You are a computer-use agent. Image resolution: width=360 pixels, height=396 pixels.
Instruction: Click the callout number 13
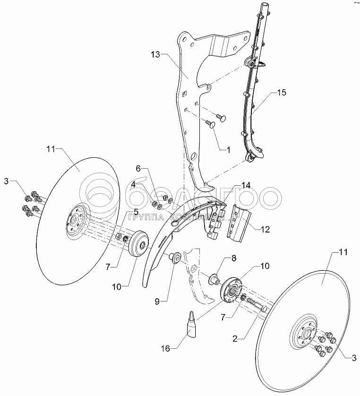pyautogui.click(x=155, y=55)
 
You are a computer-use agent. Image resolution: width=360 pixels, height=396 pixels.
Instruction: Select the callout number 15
pyautogui.click(x=281, y=94)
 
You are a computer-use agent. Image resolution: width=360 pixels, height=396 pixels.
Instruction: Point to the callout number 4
pyautogui.click(x=134, y=185)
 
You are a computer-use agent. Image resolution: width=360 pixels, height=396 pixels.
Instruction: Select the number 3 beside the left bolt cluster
pyautogui.click(x=7, y=181)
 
